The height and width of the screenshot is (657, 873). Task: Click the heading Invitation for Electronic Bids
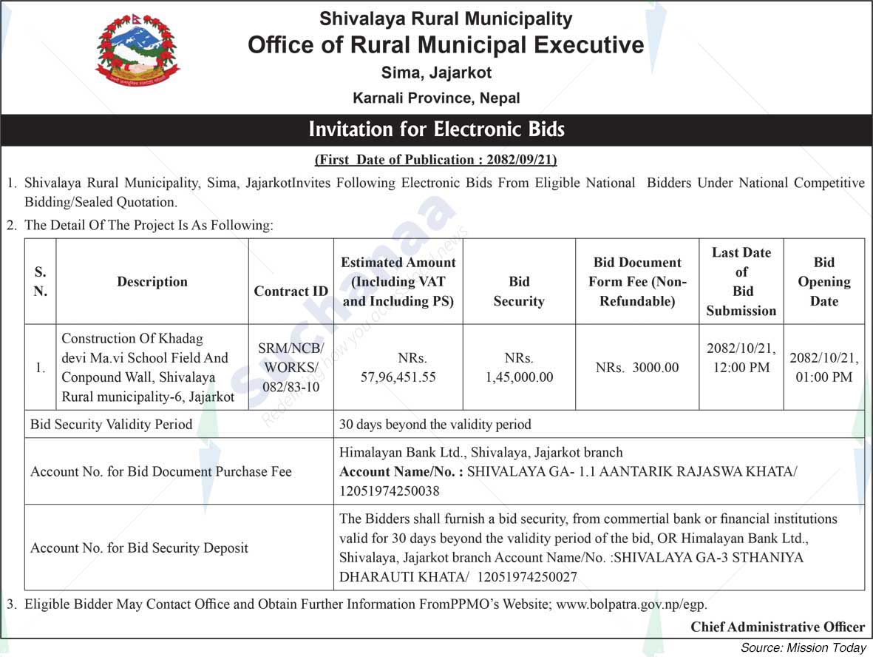(436, 129)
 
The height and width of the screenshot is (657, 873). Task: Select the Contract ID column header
(291, 291)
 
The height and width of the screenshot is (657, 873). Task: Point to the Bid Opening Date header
(823, 281)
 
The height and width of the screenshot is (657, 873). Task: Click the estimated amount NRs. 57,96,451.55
(398, 368)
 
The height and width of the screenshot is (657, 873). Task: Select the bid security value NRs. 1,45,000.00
(519, 368)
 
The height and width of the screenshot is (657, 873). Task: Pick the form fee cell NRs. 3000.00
(636, 368)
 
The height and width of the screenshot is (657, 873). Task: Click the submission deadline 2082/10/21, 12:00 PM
(741, 358)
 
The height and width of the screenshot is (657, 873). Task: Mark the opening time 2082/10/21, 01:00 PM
(823, 368)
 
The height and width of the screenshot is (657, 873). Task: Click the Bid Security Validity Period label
(111, 425)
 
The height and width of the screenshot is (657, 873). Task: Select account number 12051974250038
(390, 491)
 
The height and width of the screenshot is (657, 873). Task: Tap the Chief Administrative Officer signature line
(778, 627)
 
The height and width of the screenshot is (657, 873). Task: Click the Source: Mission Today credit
(803, 647)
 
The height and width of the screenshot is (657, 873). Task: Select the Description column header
(152, 282)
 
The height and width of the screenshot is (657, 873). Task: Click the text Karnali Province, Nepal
(436, 98)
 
